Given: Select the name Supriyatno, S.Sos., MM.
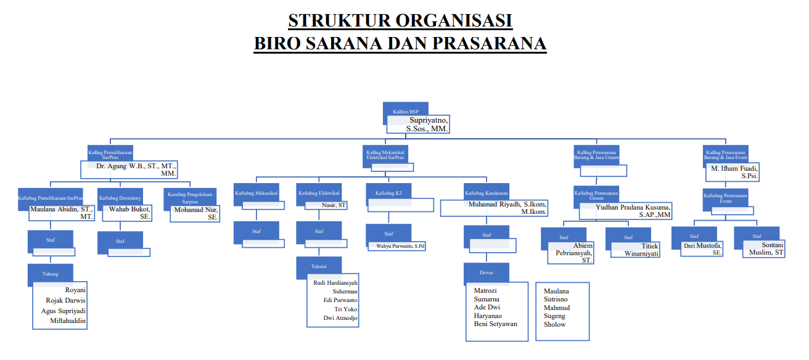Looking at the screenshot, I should pos(427,124).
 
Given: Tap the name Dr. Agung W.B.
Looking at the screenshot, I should pos(136,166).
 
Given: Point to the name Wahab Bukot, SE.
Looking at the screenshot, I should pos(129,213).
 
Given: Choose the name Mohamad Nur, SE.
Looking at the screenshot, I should pos(196,213).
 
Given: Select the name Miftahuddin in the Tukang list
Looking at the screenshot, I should pos(68,321).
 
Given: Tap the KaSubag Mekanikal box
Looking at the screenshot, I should pos(256,194).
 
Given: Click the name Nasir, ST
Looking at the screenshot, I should pos(334,205).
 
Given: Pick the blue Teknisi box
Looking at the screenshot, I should pos(319,266).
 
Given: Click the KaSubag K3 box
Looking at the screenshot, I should pos(388,194).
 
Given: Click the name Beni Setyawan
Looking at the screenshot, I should pos(495,324).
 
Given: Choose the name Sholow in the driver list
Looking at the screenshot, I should pos(554,324).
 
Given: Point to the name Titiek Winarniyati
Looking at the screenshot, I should pos(641,250).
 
